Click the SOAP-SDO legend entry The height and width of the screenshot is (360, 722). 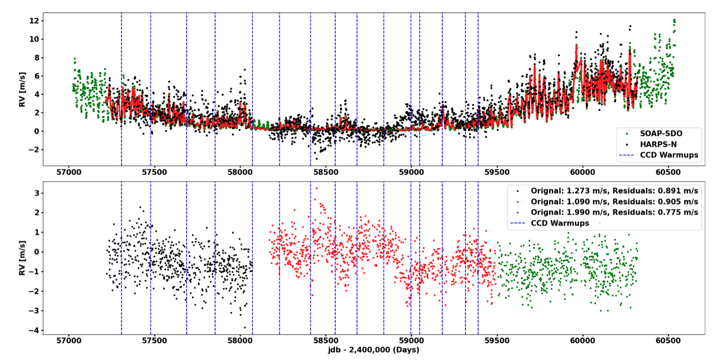pyautogui.click(x=661, y=133)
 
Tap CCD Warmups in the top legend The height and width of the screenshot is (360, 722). pyautogui.click(x=669, y=155)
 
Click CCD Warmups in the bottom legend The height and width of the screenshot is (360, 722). pyautogui.click(x=560, y=223)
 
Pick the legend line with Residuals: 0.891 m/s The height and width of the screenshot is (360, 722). pyautogui.click(x=614, y=191)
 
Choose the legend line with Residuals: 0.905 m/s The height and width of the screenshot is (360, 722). pyautogui.click(x=614, y=201)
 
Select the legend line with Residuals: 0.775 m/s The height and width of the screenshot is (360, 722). pyautogui.click(x=614, y=212)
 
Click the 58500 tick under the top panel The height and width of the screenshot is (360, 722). pyautogui.click(x=325, y=172)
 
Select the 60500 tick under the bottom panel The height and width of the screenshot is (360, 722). pyautogui.click(x=668, y=341)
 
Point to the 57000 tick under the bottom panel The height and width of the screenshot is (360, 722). pyautogui.click(x=69, y=341)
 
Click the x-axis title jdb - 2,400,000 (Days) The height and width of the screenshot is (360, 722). pyautogui.click(x=374, y=350)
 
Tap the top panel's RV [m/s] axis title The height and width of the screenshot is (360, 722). pyautogui.click(x=22, y=89)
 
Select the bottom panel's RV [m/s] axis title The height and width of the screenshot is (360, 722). pyautogui.click(x=22, y=258)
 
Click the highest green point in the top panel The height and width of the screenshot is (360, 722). pyautogui.click(x=674, y=20)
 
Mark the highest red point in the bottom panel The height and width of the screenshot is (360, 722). pyautogui.click(x=317, y=188)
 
